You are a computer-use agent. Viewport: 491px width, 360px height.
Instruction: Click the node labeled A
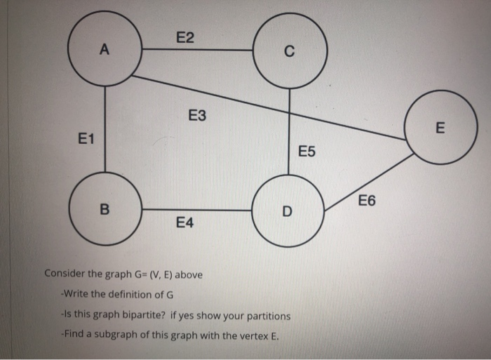point(105,49)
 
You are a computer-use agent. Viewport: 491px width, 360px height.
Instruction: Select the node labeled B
point(105,208)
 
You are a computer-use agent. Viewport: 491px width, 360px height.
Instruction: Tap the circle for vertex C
point(290,51)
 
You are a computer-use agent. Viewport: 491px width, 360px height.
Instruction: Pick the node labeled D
point(286,211)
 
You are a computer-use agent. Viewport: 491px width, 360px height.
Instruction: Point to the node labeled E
point(440,127)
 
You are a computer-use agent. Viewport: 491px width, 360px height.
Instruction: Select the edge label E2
point(186,39)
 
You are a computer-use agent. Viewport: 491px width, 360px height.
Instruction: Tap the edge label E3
point(198,115)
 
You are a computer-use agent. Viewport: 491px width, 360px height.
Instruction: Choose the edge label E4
point(186,223)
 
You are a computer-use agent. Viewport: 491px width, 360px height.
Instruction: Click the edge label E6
point(366,201)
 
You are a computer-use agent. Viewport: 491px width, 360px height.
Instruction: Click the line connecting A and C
point(198,50)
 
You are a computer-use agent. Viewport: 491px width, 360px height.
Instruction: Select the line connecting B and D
point(196,210)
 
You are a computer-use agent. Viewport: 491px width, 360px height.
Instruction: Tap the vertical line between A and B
point(105,130)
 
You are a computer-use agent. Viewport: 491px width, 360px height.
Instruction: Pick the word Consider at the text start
point(65,274)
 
